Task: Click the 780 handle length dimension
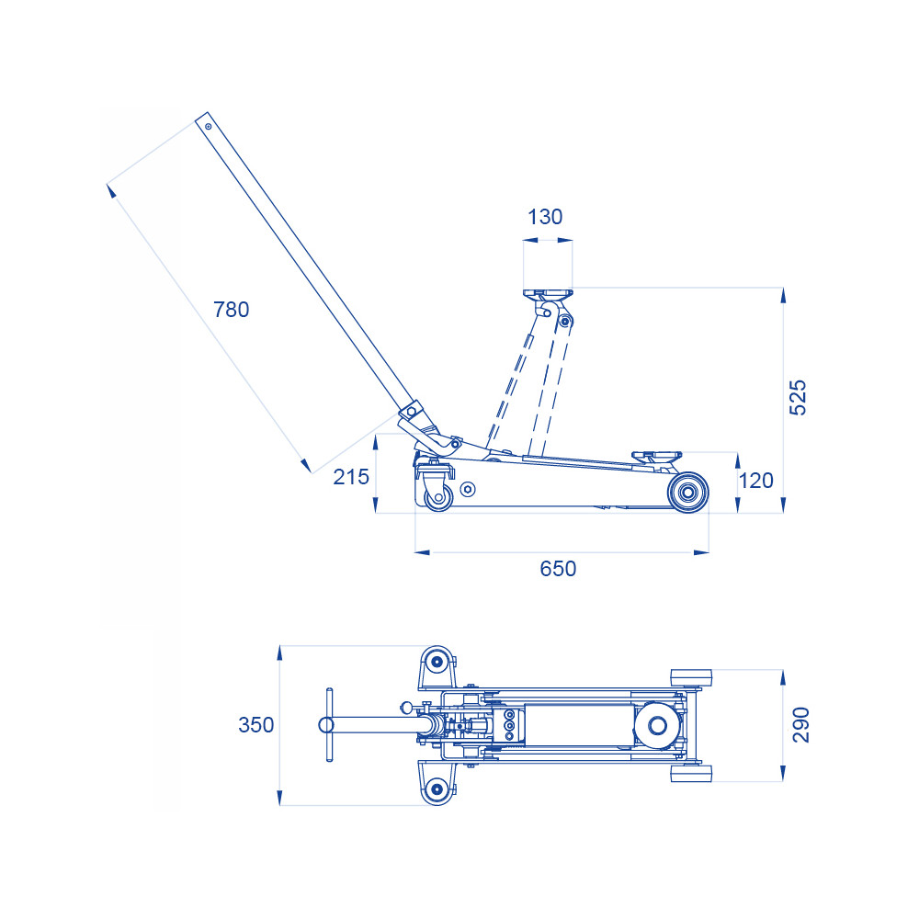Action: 231,310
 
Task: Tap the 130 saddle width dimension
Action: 545,217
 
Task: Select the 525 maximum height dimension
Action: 798,398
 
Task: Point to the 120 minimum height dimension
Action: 756,481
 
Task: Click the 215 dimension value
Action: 351,477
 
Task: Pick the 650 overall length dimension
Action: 558,569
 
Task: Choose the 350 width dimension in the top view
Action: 256,725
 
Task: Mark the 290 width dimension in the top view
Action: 800,725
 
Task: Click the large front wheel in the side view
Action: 688,493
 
